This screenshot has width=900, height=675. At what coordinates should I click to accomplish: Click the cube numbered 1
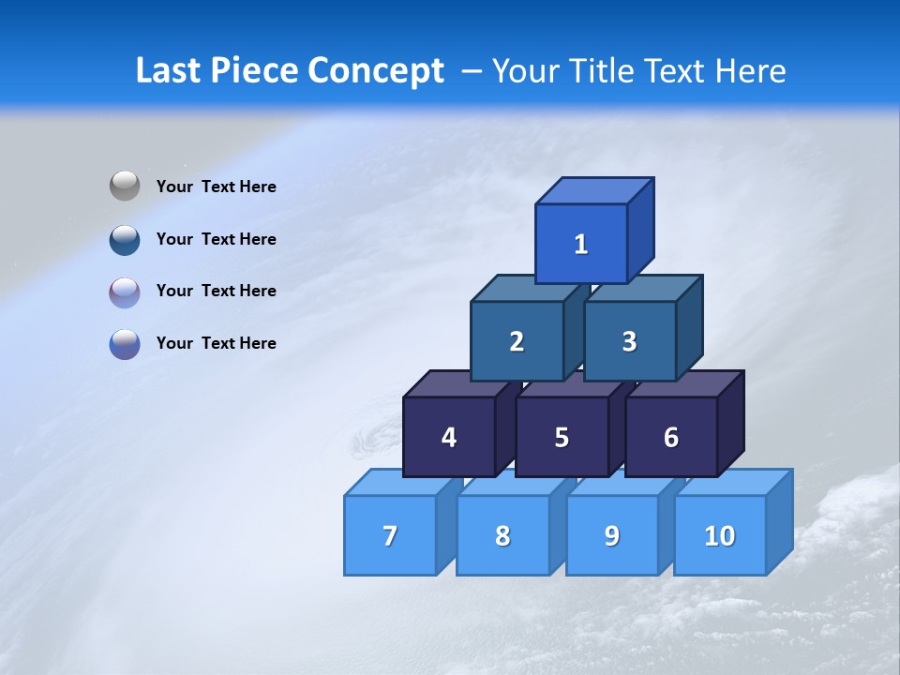coord(581,244)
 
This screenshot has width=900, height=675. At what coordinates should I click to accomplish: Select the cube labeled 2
coord(517,341)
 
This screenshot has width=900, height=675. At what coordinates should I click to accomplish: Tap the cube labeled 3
coord(629,341)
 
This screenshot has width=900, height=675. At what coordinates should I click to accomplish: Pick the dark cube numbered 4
coord(449,437)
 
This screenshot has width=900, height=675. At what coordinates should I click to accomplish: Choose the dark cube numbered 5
coord(562,437)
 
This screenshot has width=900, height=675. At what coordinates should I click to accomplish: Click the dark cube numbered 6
coord(671,437)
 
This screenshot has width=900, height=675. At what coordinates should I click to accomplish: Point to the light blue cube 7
coord(390,535)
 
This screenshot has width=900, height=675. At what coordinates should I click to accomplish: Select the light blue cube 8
coord(502,535)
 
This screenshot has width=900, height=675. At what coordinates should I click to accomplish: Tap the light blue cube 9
coord(612,535)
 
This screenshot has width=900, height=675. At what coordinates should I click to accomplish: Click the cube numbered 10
coord(720,535)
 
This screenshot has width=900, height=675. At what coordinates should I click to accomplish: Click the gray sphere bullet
coord(125,186)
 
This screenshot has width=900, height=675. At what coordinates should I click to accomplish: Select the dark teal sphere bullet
coord(125,239)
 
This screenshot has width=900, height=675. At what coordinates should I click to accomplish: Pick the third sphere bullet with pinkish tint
coord(125,292)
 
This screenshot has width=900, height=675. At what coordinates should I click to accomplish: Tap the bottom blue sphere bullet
coord(125,343)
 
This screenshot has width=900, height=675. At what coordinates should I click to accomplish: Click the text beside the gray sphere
coord(217,187)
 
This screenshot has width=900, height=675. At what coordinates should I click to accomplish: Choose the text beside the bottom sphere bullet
coord(217,343)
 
